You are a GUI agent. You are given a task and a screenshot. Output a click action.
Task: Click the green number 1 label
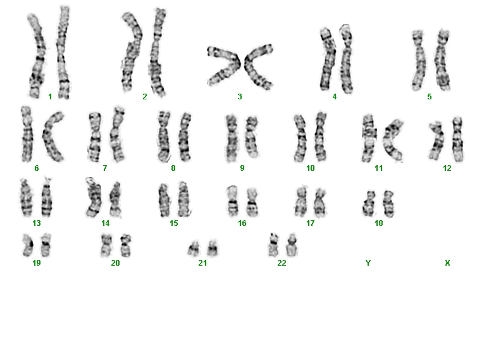click(50, 97)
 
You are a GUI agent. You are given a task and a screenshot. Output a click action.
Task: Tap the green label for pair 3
click(240, 97)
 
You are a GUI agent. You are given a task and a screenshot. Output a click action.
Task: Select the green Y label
click(368, 263)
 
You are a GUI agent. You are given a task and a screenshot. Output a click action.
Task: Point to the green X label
click(447, 263)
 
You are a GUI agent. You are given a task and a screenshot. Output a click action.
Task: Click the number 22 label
click(282, 263)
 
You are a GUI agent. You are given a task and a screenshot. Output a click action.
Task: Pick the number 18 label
click(379, 223)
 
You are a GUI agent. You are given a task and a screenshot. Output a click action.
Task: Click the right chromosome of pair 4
click(346, 59)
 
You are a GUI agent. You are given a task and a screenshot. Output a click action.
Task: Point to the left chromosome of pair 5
click(419, 60)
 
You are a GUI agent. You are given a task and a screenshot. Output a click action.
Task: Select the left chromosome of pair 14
click(94, 197)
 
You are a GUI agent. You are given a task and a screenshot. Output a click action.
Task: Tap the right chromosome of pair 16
click(252, 202)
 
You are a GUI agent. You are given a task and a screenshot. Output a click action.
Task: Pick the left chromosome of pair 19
click(28, 245)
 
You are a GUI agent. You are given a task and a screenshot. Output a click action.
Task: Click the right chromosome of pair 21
click(213, 248)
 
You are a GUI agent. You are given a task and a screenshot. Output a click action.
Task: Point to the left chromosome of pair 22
click(273, 245)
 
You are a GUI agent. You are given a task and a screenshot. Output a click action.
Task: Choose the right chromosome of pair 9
click(252, 136)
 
